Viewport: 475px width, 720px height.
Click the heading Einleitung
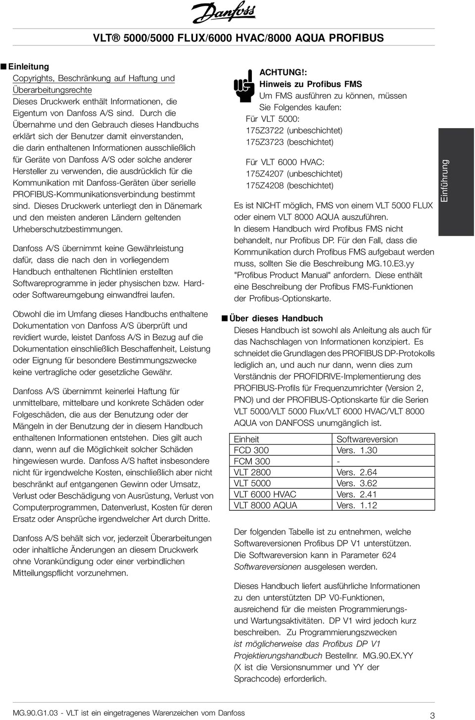click(31, 66)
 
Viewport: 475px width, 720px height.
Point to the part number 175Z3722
click(265, 131)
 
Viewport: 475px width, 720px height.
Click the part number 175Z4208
click(265, 185)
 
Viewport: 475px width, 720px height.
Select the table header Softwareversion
click(367, 439)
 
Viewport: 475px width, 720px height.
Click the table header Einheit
click(246, 439)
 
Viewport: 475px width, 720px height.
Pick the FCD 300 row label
click(251, 450)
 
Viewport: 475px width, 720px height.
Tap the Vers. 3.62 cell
click(357, 483)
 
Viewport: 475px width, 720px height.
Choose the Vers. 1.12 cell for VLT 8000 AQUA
click(357, 505)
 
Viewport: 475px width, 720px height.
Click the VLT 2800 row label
click(252, 472)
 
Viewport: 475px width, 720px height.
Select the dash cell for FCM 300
click(338, 461)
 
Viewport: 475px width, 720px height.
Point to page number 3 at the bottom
click(432, 715)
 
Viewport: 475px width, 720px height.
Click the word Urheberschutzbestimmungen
click(67, 229)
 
